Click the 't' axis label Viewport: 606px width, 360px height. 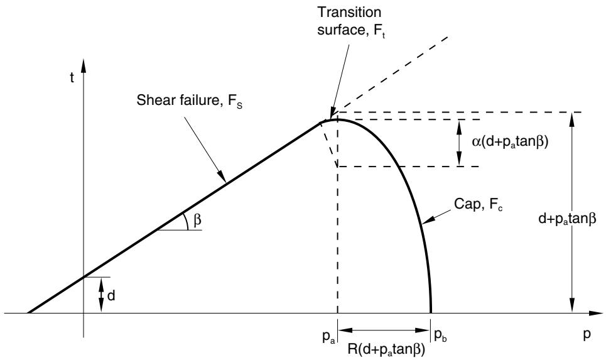click(x=72, y=77)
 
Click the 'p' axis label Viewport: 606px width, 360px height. click(x=587, y=334)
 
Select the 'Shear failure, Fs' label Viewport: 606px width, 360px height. click(x=190, y=101)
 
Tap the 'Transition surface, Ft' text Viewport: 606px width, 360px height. click(x=349, y=21)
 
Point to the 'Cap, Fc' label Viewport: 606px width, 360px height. click(x=478, y=205)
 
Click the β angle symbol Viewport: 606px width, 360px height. click(x=197, y=220)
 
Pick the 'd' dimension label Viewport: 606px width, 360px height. click(x=111, y=296)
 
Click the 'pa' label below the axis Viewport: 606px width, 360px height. click(x=328, y=336)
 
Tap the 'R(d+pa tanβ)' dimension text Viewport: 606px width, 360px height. click(x=386, y=349)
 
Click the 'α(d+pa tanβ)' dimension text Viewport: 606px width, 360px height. click(x=510, y=141)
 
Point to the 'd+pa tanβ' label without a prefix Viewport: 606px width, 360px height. click(x=567, y=219)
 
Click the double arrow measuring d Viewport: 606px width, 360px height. click(x=101, y=295)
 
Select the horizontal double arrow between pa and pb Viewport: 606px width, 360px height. click(x=384, y=330)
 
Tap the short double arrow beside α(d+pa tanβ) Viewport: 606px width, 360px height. click(x=459, y=143)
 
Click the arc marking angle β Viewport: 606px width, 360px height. click(x=187, y=221)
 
